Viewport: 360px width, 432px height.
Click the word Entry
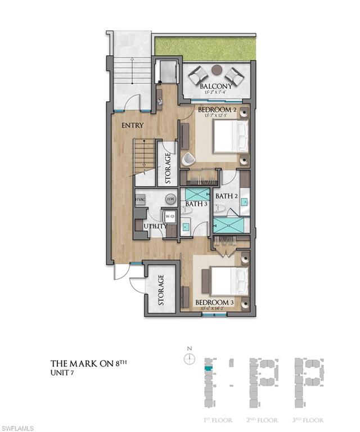pos(132,125)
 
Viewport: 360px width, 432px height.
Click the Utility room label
pos(155,226)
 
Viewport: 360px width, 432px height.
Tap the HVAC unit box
pos(140,200)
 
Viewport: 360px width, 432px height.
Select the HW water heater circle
pos(170,199)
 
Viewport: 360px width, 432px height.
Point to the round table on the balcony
pos(218,70)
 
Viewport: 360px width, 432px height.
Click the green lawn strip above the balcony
pos(205,47)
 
